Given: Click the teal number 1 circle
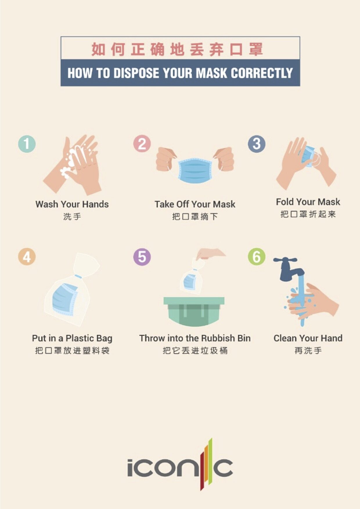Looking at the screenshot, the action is [x=27, y=144].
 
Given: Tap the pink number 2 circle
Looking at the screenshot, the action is [x=142, y=144].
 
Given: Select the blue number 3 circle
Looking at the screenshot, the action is [x=257, y=144].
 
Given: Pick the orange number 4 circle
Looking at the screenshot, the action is [x=27, y=257].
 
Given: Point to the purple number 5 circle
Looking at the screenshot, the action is [x=142, y=257].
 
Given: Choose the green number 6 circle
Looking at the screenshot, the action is [x=257, y=257].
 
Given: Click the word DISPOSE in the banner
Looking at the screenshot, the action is [x=136, y=73].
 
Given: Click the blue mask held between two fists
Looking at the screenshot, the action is [x=195, y=171].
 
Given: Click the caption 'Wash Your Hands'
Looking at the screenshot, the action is [x=72, y=204].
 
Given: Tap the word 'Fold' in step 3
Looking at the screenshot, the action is [x=285, y=202].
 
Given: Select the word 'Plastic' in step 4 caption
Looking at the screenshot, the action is [x=80, y=338].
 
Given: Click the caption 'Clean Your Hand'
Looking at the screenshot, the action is [x=308, y=338].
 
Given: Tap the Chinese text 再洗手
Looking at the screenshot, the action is [x=308, y=351].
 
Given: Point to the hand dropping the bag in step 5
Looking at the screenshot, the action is [x=210, y=254].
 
